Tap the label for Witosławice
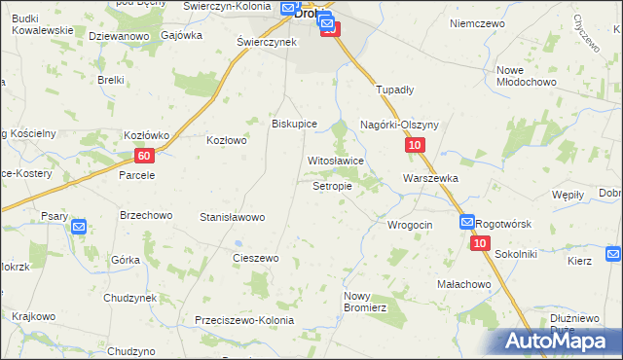[x=336, y=161]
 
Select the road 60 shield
[x=144, y=156]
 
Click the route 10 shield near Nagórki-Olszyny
[x=415, y=146]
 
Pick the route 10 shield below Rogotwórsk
[x=480, y=243]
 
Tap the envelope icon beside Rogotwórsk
[x=467, y=223]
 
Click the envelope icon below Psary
[x=80, y=228]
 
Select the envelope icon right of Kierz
[x=612, y=255]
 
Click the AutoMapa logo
[x=562, y=342]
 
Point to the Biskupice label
[x=295, y=124]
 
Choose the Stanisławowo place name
[x=232, y=217]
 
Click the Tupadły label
[x=395, y=89]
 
